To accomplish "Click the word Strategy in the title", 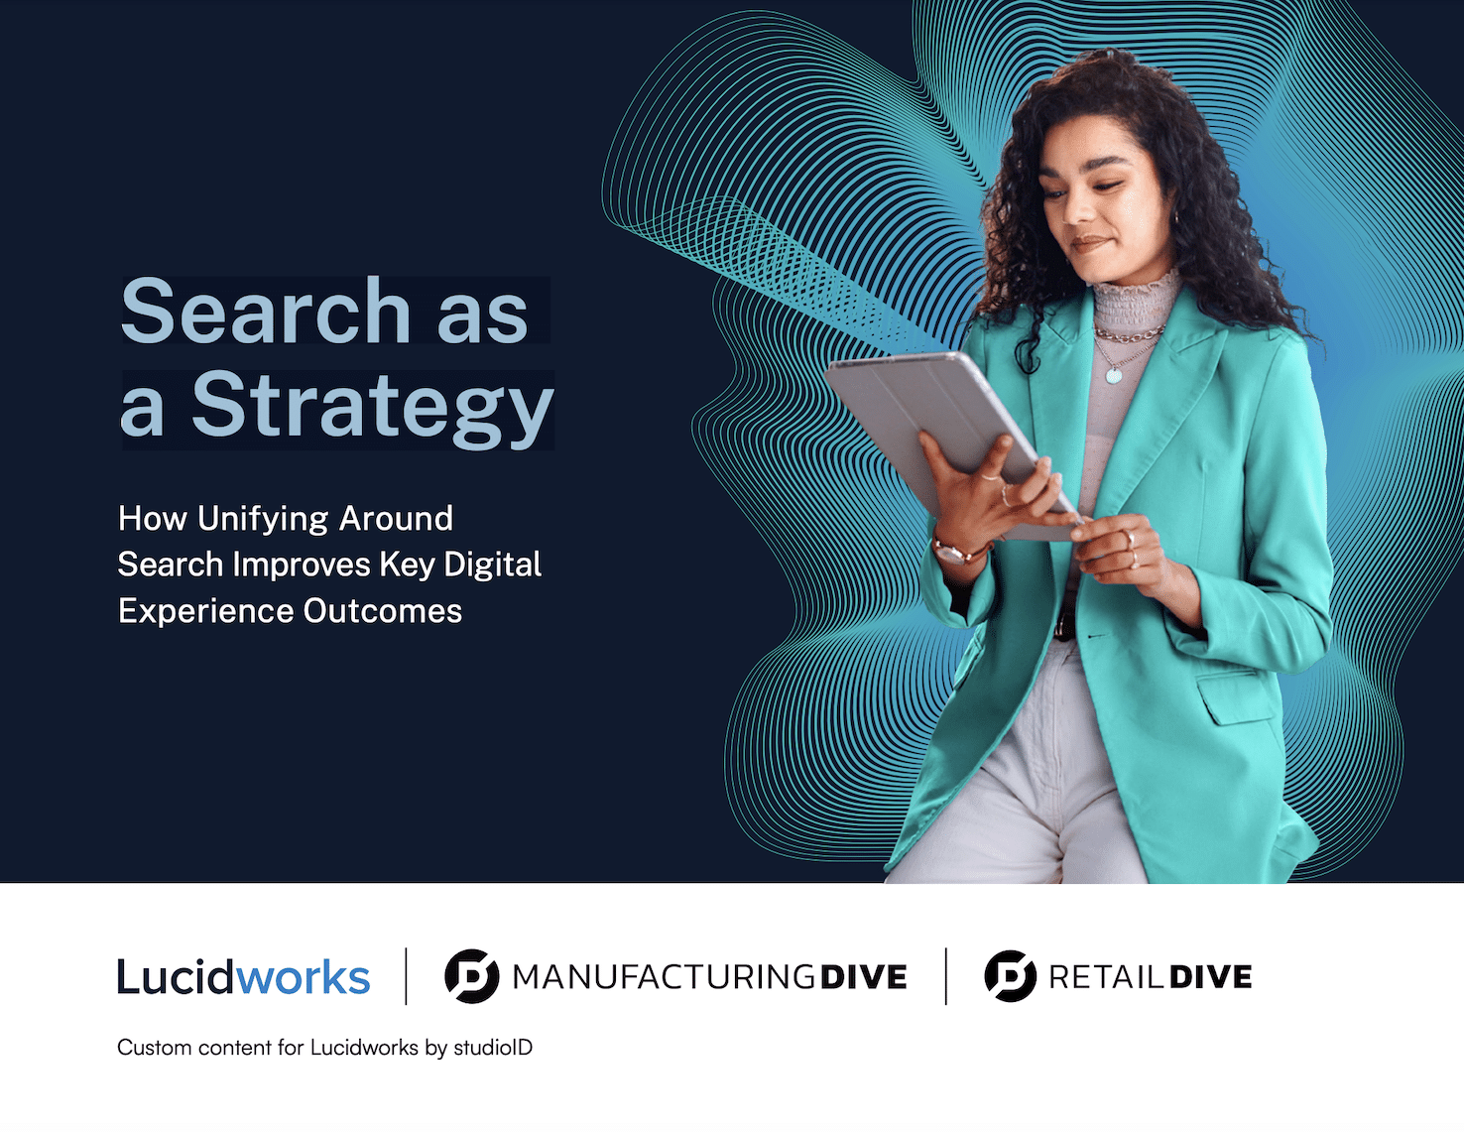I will [x=372, y=407].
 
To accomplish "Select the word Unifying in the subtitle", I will [x=263, y=519].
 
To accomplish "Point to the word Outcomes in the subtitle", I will [x=382, y=611].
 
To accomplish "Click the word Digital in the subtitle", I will [x=492, y=565].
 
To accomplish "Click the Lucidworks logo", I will [x=243, y=977].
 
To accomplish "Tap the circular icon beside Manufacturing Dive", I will [x=471, y=976].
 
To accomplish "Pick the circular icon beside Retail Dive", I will [x=1010, y=976].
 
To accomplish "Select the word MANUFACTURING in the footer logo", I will [x=664, y=977].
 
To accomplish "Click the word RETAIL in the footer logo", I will [x=1106, y=977].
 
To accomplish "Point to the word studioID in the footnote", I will [x=493, y=1048].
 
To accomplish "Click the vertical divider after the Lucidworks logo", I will [x=407, y=976].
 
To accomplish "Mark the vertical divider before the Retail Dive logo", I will [x=946, y=976].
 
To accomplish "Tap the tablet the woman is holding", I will [x=942, y=427].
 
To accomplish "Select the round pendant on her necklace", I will [x=1114, y=375].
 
